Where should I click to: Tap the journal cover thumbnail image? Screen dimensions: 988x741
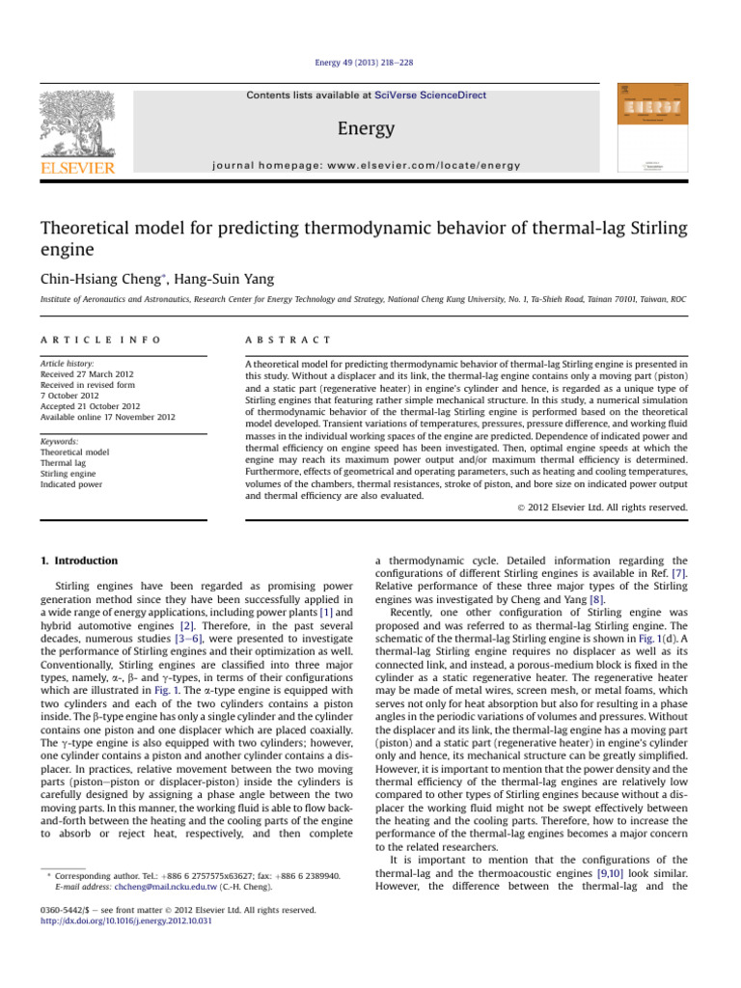pos(651,128)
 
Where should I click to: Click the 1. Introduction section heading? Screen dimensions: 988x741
pos(80,561)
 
